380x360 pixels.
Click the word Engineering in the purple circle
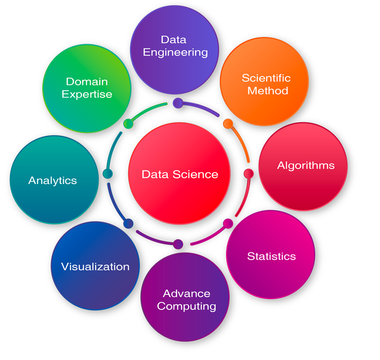[176, 52]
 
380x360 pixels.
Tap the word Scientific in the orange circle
[266, 78]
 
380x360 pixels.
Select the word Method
[268, 91]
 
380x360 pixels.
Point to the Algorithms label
[306, 166]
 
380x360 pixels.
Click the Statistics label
[271, 256]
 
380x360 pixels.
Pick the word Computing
[187, 307]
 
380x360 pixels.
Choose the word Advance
[187, 294]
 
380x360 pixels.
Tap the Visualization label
[95, 267]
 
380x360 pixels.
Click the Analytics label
[52, 181]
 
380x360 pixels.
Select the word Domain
[87, 82]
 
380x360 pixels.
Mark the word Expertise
[87, 94]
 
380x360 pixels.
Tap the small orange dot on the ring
[228, 124]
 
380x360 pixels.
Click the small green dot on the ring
[128, 124]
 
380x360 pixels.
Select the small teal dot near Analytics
[108, 174]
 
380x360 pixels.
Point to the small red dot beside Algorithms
[249, 174]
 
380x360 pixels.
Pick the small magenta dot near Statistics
[228, 223]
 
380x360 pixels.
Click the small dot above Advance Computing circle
[178, 244]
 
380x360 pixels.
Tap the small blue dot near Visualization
[128, 223]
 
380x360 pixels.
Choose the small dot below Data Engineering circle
[178, 103]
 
